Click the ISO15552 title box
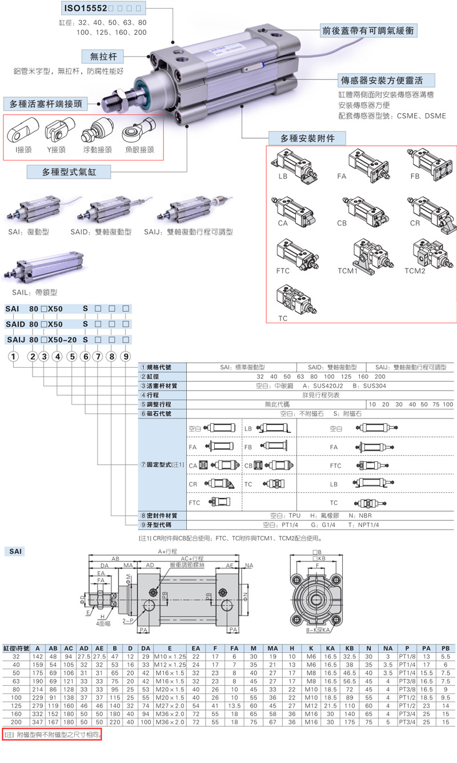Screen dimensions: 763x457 [x=103, y=9]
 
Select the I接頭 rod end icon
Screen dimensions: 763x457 [x=23, y=135]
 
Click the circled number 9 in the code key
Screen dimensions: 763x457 [x=126, y=357]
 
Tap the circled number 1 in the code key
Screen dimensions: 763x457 [x=13, y=357]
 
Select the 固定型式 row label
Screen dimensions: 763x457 [x=163, y=465]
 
